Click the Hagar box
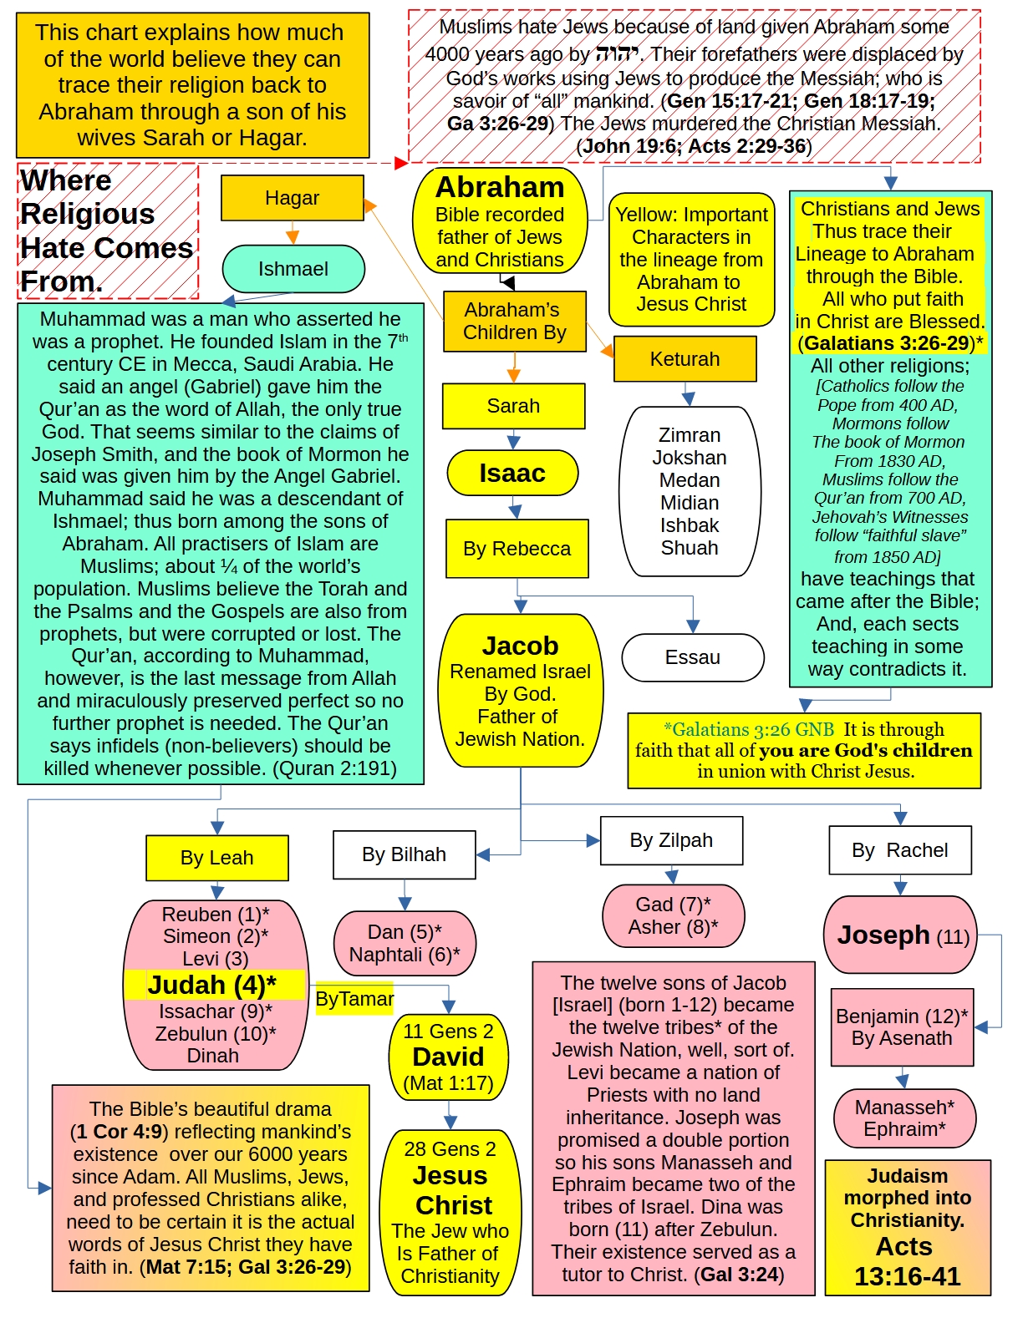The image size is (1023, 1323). click(293, 198)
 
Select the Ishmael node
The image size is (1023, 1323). click(293, 269)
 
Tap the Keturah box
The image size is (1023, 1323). click(685, 359)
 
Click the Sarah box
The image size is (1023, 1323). click(513, 406)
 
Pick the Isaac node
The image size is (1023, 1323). click(512, 474)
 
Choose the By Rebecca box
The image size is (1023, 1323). click(517, 549)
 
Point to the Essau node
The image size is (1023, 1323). click(692, 657)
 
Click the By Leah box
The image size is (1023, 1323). click(217, 858)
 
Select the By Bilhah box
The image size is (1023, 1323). click(404, 854)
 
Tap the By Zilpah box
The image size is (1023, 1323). click(671, 840)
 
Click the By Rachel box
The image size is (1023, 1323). click(900, 850)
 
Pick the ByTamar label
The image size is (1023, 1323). click(354, 999)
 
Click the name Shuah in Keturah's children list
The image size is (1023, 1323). click(690, 548)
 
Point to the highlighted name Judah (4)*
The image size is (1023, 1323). click(212, 986)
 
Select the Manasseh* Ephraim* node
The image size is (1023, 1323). click(904, 1118)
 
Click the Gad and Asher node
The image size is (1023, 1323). click(673, 915)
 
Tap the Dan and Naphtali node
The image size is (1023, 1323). click(405, 943)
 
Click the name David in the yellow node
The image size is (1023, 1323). click(449, 1057)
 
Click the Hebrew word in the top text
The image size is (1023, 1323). click(617, 54)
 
